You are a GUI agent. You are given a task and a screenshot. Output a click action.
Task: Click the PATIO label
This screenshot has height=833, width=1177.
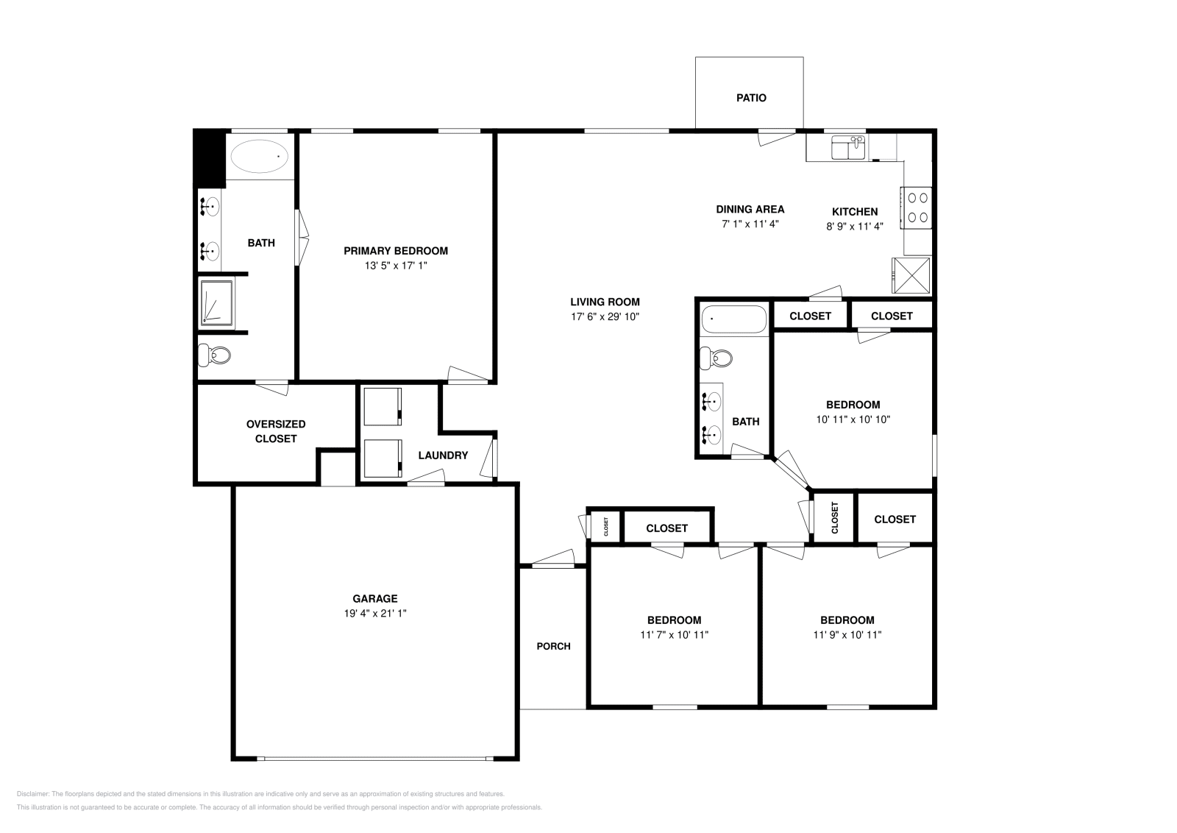[751, 97]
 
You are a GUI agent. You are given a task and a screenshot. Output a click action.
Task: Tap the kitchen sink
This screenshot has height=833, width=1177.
[849, 148]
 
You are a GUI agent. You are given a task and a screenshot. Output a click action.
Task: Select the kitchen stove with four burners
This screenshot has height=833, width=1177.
[917, 208]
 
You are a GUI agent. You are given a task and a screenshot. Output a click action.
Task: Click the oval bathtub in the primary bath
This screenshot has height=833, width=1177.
[260, 156]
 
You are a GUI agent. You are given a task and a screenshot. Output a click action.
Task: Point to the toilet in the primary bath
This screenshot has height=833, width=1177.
[214, 356]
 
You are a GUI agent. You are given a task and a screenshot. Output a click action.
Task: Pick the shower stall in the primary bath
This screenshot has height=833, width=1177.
[216, 303]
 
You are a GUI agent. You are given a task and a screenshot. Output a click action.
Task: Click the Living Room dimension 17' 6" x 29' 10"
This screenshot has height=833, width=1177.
[605, 316]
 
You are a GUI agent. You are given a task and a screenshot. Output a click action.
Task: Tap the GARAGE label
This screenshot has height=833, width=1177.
[374, 598]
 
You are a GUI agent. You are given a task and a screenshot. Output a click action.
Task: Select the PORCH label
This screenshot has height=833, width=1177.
[553, 646]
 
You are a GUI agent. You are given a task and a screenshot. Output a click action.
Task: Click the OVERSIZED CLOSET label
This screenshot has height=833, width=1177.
[276, 431]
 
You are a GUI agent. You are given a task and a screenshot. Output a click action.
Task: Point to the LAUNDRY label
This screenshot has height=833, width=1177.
[443, 455]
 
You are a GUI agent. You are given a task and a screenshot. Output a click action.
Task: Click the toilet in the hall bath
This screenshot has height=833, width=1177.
[716, 358]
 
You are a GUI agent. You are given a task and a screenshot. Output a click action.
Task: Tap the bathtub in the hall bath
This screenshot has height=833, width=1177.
[733, 320]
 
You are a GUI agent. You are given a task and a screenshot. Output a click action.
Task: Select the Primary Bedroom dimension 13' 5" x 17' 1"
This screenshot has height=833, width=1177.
[396, 266]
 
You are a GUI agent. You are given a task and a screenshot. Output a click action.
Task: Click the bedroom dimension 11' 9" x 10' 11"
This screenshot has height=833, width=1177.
[847, 634]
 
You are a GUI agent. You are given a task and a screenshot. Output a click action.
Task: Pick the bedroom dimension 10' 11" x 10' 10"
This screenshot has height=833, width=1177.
[853, 419]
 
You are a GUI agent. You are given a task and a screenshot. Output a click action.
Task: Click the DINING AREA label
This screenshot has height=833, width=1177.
[750, 209]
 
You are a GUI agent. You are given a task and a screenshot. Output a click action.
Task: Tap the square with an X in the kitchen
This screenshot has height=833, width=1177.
[911, 275]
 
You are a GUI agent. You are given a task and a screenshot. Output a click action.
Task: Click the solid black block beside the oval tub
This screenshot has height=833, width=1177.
[209, 156]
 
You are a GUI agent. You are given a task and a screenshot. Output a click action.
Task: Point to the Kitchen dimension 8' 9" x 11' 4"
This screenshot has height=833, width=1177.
[854, 226]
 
